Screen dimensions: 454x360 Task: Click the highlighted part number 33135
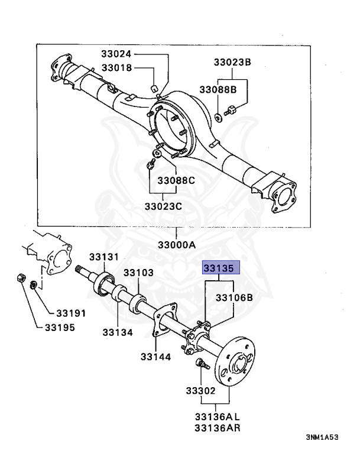point(221,268)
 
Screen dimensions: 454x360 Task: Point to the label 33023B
point(232,62)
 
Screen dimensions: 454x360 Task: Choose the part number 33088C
point(175,180)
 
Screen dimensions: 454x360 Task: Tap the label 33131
point(104,257)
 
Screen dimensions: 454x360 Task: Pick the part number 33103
point(138,273)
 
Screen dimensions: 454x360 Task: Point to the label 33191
point(71,313)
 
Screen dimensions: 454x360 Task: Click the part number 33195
point(60,327)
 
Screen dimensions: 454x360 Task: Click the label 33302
point(201,391)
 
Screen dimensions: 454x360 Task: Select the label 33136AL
point(214,416)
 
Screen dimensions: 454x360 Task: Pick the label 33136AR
point(214,427)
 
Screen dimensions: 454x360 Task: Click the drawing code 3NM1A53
point(323,438)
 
